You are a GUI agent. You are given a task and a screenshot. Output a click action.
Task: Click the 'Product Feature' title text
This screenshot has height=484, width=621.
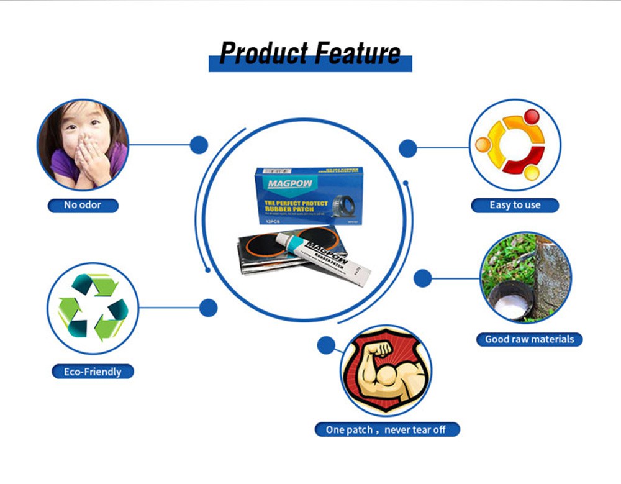pyautogui.click(x=310, y=54)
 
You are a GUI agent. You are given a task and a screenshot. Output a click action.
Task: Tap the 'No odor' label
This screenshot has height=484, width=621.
pyautogui.click(x=83, y=205)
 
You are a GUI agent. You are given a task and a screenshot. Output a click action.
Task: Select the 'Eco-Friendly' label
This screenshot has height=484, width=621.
pyautogui.click(x=93, y=372)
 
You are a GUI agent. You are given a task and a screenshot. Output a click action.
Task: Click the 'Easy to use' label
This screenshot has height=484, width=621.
pyautogui.click(x=515, y=205)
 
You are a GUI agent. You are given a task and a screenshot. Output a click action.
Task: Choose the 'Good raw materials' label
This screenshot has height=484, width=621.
pyautogui.click(x=530, y=339)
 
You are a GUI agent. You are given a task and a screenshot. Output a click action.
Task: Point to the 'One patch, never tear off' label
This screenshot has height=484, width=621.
pyautogui.click(x=386, y=429)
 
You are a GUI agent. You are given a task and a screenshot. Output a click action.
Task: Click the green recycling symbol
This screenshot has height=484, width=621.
pyautogui.click(x=93, y=308)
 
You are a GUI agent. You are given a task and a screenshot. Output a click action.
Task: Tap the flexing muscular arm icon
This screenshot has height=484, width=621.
pyautogui.click(x=386, y=370)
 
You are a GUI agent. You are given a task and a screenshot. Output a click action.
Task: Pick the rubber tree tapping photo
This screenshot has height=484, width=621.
pyautogui.click(x=525, y=277)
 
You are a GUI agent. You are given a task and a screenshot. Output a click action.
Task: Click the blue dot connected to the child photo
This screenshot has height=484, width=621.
pyautogui.click(x=199, y=145)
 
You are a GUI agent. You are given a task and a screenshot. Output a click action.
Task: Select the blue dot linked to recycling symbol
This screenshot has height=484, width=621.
pyautogui.click(x=209, y=308)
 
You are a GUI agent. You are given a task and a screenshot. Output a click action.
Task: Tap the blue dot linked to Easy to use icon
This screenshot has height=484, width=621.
pyautogui.click(x=407, y=148)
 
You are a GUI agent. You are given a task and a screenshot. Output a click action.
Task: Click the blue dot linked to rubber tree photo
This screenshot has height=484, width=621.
pyautogui.click(x=423, y=278)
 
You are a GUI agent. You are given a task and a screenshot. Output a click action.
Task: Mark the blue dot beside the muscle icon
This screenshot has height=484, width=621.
pyautogui.click(x=326, y=345)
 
